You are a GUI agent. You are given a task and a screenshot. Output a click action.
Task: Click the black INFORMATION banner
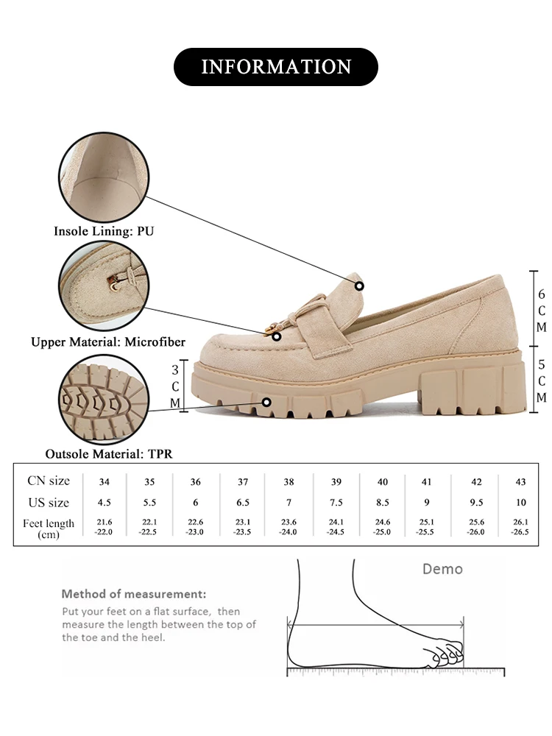pyautogui.click(x=275, y=67)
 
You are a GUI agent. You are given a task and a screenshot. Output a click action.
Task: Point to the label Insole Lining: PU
pyautogui.click(x=104, y=231)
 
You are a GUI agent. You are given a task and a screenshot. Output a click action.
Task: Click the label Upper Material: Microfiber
pyautogui.click(x=108, y=342)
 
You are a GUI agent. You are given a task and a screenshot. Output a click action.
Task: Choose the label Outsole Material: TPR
pyautogui.click(x=109, y=454)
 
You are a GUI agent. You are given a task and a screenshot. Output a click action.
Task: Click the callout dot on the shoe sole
pyautogui.click(x=266, y=402)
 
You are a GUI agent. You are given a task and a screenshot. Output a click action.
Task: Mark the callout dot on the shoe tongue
pyautogui.click(x=359, y=286)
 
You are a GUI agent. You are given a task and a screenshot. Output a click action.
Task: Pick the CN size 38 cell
pyautogui.click(x=289, y=481)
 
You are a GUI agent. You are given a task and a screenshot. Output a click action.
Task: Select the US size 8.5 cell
pyautogui.click(x=382, y=503)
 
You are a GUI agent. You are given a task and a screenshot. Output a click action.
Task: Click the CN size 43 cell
pyautogui.click(x=521, y=481)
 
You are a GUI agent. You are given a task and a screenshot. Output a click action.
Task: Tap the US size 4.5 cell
pyautogui.click(x=105, y=503)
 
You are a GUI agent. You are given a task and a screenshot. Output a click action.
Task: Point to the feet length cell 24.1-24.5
pyautogui.click(x=336, y=527)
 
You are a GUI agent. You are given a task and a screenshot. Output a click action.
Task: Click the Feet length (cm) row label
pyautogui.click(x=49, y=528)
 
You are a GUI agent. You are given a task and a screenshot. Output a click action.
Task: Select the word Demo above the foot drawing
pyautogui.click(x=442, y=569)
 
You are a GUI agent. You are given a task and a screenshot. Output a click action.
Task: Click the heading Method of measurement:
pyautogui.click(x=134, y=594)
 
